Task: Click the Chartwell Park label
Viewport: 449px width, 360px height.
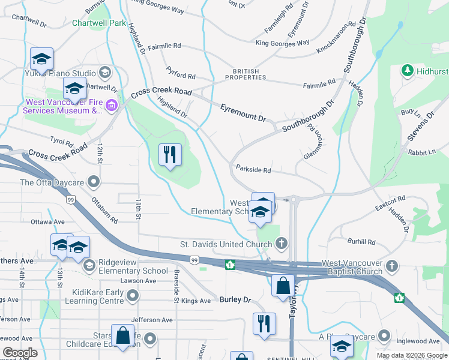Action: click(99, 23)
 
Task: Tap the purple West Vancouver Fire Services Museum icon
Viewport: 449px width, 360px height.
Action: click(112, 106)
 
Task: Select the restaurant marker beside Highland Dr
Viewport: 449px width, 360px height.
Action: click(170, 155)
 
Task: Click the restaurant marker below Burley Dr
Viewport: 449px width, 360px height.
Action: click(264, 324)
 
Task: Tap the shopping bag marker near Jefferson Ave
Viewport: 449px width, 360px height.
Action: click(122, 337)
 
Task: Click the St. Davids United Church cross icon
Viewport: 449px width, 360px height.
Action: click(280, 244)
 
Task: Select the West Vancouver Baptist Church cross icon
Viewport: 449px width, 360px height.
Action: click(391, 265)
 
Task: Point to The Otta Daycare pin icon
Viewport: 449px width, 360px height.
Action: click(93, 181)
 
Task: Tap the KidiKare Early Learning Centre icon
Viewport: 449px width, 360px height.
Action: click(133, 295)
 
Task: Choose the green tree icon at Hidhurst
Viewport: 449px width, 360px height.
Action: click(406, 71)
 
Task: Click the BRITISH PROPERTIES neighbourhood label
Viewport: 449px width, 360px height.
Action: click(246, 74)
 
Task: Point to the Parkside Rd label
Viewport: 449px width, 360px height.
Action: click(253, 170)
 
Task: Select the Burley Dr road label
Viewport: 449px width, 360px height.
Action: click(234, 299)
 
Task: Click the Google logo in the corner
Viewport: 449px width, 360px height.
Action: click(20, 353)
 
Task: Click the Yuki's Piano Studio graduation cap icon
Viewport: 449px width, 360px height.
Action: click(105, 73)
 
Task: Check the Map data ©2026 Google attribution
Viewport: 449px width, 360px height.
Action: click(412, 355)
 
